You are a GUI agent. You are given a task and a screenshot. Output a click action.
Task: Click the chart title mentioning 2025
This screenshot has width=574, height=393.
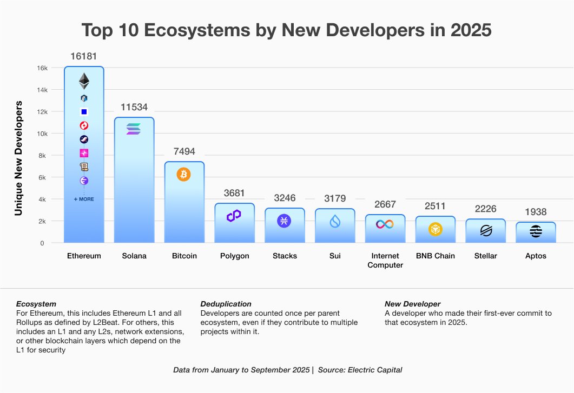[287, 30]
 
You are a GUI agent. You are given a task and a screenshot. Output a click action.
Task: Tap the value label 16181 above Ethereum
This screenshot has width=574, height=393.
[84, 56]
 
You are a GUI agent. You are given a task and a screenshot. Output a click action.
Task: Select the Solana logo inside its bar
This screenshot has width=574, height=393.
[134, 129]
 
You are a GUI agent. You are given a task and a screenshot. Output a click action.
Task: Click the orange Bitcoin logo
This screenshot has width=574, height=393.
[183, 174]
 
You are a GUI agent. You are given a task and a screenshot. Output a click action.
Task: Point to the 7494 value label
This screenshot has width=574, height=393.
[184, 152]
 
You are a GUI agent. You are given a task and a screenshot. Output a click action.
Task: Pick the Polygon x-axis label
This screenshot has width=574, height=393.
[234, 256]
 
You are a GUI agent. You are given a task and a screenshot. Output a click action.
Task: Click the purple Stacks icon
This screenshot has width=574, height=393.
[284, 221]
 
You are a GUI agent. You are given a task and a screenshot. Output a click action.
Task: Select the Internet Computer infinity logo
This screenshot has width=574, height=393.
[385, 224]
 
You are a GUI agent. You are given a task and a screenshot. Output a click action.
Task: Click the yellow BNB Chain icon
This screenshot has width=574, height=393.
[436, 229]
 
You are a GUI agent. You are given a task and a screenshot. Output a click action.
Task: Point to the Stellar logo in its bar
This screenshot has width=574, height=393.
[486, 231]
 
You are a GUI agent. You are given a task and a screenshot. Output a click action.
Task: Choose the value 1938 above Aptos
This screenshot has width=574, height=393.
[536, 212]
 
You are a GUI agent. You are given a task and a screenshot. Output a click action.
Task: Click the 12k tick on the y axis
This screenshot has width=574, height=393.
[42, 112]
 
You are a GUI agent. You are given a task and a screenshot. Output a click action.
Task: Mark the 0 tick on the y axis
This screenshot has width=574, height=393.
[42, 243]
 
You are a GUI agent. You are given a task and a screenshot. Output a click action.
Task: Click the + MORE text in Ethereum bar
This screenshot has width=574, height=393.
[84, 199]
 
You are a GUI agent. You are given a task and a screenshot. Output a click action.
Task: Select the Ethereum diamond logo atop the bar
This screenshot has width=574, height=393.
[84, 81]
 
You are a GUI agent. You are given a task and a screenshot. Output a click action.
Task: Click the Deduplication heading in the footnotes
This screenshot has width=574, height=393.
[226, 304]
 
